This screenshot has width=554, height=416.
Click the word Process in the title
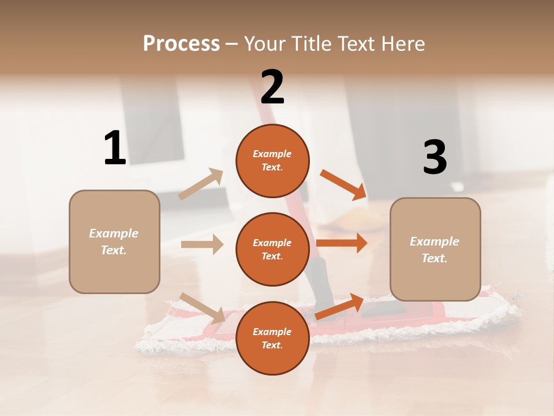181,43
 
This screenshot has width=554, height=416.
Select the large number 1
115,148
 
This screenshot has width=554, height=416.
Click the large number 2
272,87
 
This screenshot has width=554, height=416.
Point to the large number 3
435,158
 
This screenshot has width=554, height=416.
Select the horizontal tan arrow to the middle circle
202,244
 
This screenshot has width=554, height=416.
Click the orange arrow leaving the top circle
343,184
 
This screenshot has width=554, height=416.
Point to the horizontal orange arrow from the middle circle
342,243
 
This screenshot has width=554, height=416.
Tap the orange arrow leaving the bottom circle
339,307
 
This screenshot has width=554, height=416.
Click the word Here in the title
402,43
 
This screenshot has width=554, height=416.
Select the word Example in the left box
114,233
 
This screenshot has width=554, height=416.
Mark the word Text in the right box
435,258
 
